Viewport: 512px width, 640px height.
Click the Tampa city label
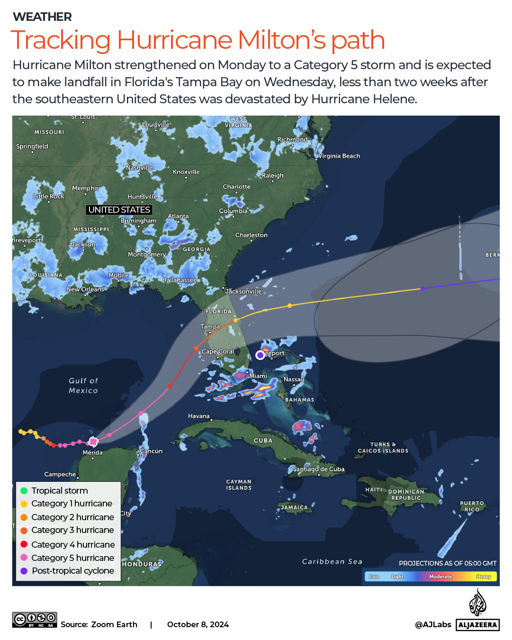coord(210,326)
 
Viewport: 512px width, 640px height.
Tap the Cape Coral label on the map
coord(217,352)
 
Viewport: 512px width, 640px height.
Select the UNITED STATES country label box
coord(119,210)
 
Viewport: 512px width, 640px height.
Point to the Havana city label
coord(198,416)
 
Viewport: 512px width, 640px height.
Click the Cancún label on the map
coord(151,451)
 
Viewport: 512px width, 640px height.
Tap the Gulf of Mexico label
coord(83,386)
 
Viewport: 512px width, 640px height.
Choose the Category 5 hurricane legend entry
coord(72,558)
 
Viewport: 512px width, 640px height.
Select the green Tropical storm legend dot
coord(24,491)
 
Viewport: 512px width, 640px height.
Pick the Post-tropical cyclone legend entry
coord(72,571)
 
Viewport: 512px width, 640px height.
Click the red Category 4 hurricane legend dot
coord(24,544)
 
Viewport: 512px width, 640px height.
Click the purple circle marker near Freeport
coord(260,355)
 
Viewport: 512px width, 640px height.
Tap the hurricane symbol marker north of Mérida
coord(93,442)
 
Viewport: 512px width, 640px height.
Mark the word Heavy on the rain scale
coord(483,577)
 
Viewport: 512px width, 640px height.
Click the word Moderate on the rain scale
coord(440,577)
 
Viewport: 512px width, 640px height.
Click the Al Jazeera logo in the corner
coord(477,611)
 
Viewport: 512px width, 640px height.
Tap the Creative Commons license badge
coord(35,620)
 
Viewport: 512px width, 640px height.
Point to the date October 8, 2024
coord(198,624)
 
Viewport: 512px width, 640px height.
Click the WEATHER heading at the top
coord(42,17)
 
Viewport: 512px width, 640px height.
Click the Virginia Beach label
coord(339,156)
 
